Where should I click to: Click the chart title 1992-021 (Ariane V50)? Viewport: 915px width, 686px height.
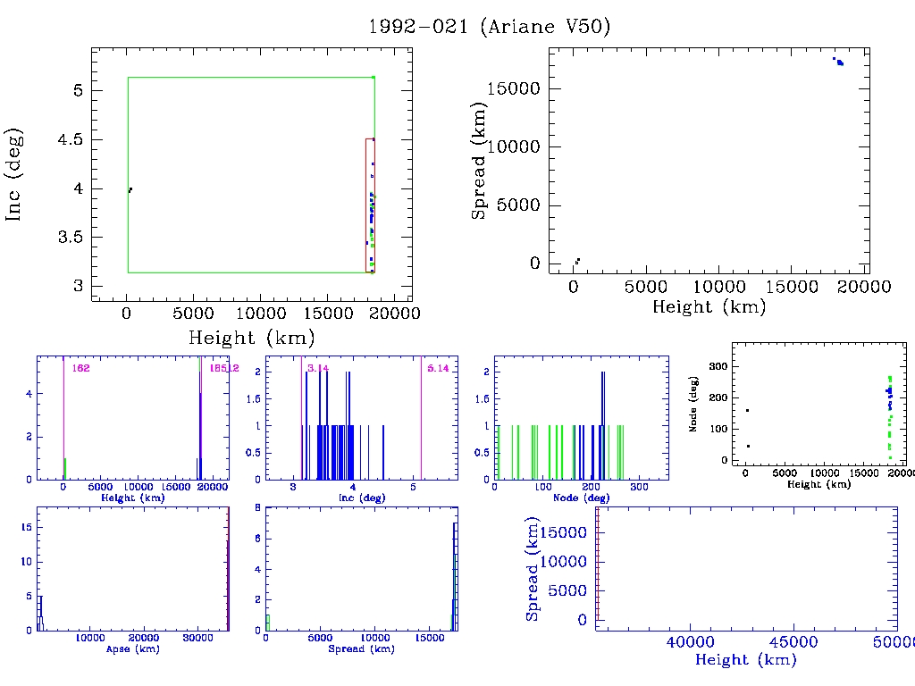point(490,27)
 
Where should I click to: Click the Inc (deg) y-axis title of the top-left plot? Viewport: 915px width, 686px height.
point(15,174)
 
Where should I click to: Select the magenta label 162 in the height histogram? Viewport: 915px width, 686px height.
point(81,368)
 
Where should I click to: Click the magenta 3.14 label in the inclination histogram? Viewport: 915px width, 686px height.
point(317,368)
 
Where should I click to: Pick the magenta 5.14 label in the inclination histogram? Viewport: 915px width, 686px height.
point(438,368)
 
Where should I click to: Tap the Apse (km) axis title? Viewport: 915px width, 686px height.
point(132,648)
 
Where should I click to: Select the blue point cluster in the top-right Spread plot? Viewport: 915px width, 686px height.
point(838,62)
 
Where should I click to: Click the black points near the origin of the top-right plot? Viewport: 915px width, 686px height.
point(577,261)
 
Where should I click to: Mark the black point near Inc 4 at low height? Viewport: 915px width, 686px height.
point(130,189)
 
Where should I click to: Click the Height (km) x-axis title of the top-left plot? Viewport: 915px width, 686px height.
point(251,339)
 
